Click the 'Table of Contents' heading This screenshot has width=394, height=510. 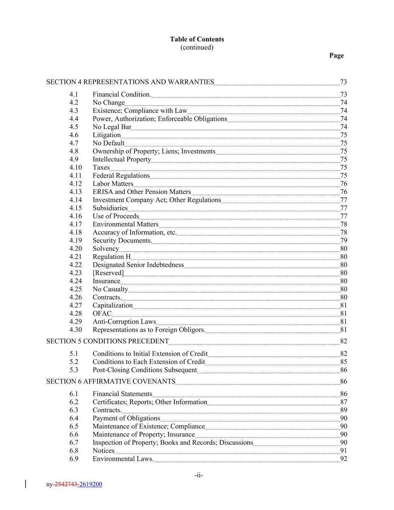(x=197, y=39)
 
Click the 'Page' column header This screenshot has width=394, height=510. (x=336, y=55)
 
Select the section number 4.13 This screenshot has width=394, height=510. (x=75, y=192)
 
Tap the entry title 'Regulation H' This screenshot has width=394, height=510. (x=112, y=257)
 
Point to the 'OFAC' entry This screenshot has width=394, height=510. (x=102, y=313)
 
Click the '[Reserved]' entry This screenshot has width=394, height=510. (x=108, y=273)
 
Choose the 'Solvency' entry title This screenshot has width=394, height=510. (x=106, y=248)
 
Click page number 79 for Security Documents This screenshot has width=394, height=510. (x=344, y=240)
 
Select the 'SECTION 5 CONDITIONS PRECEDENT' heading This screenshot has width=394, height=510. (x=108, y=341)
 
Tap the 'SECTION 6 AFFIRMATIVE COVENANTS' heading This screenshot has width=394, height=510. (x=111, y=381)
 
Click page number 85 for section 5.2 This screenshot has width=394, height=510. (x=344, y=362)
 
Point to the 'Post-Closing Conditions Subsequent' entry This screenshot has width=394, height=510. (x=145, y=370)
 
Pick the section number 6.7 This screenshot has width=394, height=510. (x=74, y=442)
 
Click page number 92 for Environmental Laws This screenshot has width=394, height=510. (x=344, y=459)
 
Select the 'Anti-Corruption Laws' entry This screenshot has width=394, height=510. (x=124, y=322)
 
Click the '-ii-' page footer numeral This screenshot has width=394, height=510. (x=199, y=475)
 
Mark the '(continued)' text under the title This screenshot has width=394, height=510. (x=197, y=47)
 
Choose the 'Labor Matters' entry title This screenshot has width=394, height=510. (x=113, y=183)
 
